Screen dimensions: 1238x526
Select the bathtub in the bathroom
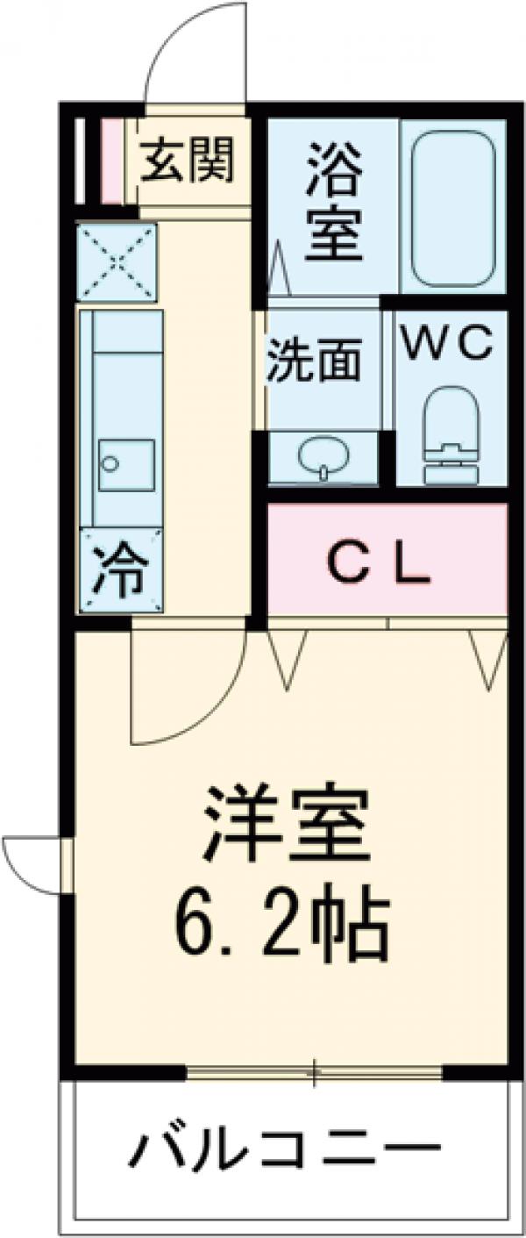coord(453,207)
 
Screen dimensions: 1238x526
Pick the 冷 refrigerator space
coord(120,569)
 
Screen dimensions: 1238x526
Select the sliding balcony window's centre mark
coord(316,1072)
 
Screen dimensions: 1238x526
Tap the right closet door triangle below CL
coord(487,658)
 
